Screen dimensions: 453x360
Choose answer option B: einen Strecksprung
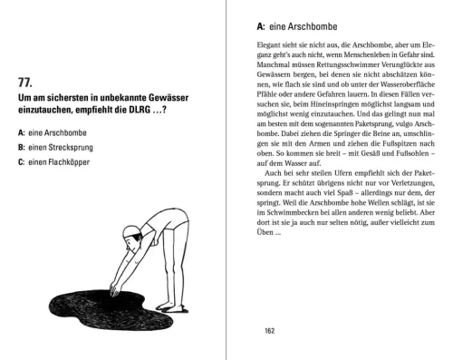click(x=53, y=148)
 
